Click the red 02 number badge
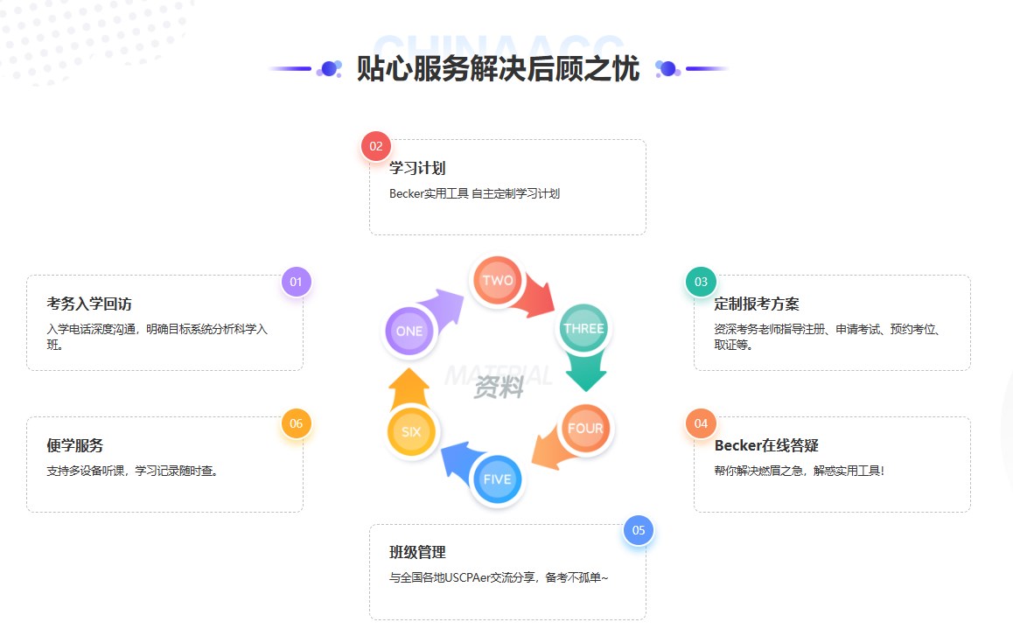tap(376, 146)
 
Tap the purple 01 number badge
tap(296, 282)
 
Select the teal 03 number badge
tap(701, 282)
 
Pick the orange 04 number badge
tap(701, 423)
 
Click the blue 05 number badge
tap(639, 530)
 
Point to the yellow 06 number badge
tap(296, 423)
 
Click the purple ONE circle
tap(409, 332)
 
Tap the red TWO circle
tap(498, 281)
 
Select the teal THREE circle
tap(583, 329)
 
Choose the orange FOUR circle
tap(585, 429)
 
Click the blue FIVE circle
tap(497, 479)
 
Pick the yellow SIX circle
tap(411, 431)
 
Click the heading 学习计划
tap(417, 168)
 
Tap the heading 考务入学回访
tap(89, 304)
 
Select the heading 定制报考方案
tap(757, 304)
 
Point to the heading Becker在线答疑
tap(766, 445)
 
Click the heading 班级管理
tap(417, 552)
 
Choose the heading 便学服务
tap(74, 445)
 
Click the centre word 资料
tap(499, 387)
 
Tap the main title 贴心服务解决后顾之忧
tap(498, 69)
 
